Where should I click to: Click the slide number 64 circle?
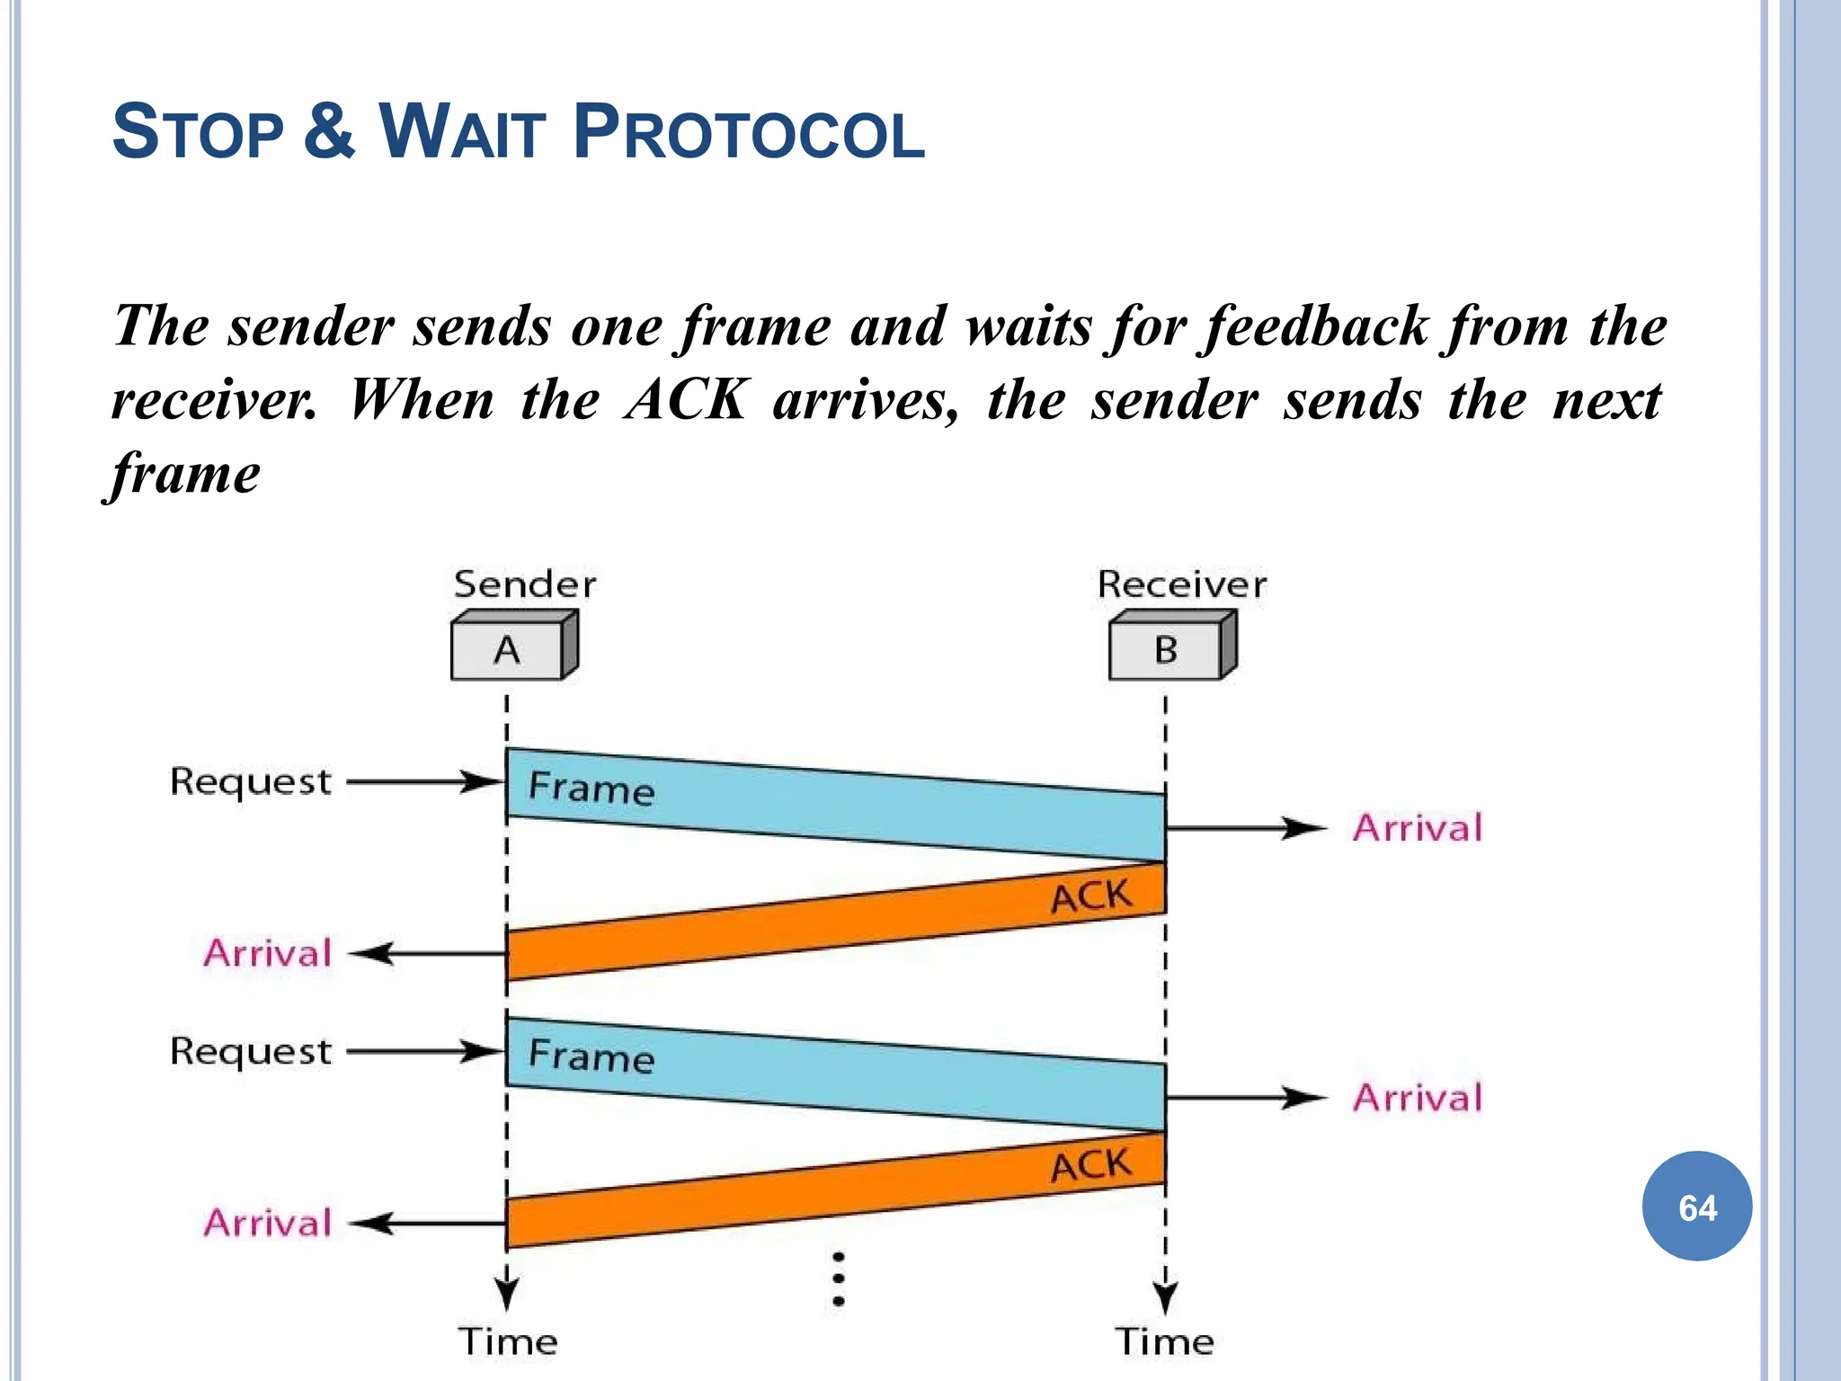pos(1696,1207)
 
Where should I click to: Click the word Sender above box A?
pos(525,584)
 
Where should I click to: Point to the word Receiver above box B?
pos(1181,584)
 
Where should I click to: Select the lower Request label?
pos(251,1051)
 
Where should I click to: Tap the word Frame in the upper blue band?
pos(591,788)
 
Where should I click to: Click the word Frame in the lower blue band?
pos(591,1056)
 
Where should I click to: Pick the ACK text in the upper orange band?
pos(1091,896)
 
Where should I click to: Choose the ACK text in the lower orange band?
pos(1091,1166)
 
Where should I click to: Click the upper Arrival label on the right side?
pos(1418,828)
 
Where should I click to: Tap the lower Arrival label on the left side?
pos(268,1223)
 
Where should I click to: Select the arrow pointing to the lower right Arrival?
pos(1245,1098)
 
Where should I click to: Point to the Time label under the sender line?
pos(508,1341)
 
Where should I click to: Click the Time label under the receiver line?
pos(1165,1341)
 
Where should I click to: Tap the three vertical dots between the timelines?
pos(838,1279)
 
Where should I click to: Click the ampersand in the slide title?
pos(329,131)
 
